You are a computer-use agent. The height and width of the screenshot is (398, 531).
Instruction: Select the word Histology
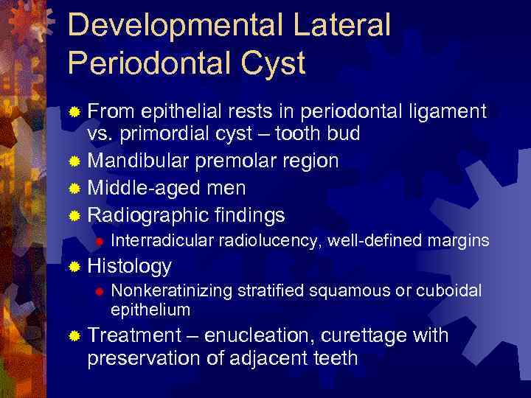point(129,266)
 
